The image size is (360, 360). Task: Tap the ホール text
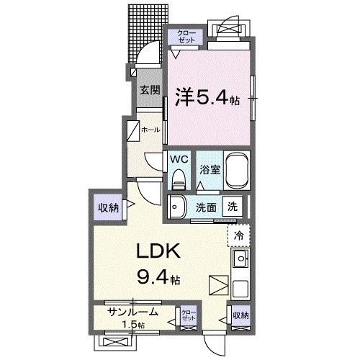(x=150, y=130)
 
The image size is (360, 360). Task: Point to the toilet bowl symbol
(x=179, y=179)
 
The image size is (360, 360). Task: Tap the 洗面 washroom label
(x=207, y=207)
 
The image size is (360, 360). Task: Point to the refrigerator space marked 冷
(x=238, y=234)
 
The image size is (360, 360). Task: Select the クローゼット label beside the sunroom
(x=189, y=315)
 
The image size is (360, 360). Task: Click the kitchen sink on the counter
(x=240, y=258)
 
